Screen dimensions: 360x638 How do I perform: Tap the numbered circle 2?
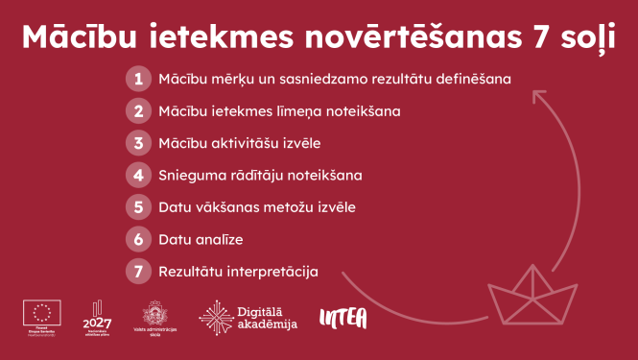139,110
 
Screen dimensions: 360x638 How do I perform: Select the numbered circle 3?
139,143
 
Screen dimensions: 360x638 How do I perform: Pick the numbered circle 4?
139,175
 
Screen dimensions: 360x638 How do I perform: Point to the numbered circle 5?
139,206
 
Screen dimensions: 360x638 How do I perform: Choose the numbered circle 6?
139,239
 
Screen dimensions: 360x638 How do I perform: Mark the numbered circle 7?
139,271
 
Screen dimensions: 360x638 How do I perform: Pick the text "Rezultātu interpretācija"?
238,271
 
